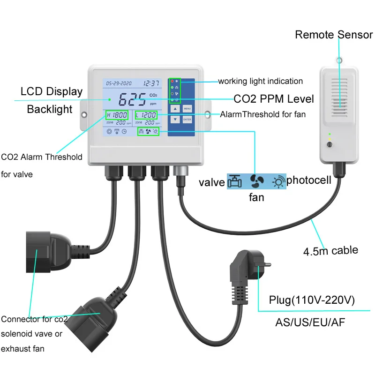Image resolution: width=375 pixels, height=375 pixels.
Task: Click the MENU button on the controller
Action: pyautogui.click(x=187, y=108)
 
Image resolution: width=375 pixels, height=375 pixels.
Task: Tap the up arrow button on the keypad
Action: pyautogui.click(x=175, y=108)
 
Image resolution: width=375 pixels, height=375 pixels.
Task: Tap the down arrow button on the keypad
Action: pyautogui.click(x=175, y=120)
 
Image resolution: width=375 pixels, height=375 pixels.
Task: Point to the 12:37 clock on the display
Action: pyautogui.click(x=151, y=83)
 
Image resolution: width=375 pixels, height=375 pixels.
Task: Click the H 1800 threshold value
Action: pyautogui.click(x=117, y=115)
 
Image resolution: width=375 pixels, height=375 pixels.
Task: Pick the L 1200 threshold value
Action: pyautogui.click(x=146, y=115)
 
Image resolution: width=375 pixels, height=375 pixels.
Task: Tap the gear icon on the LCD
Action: pyautogui.click(x=109, y=132)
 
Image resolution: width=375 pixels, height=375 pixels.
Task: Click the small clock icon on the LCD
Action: pyautogui.click(x=124, y=132)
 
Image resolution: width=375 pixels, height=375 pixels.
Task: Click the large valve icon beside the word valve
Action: pyautogui.click(x=235, y=181)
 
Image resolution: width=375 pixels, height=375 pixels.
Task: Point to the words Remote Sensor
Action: pyautogui.click(x=333, y=35)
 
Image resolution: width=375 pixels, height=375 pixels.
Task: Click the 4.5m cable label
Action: pyautogui.click(x=330, y=250)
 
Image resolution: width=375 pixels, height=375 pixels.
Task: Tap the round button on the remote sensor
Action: pyautogui.click(x=330, y=144)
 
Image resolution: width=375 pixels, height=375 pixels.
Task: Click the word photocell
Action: pyautogui.click(x=309, y=180)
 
